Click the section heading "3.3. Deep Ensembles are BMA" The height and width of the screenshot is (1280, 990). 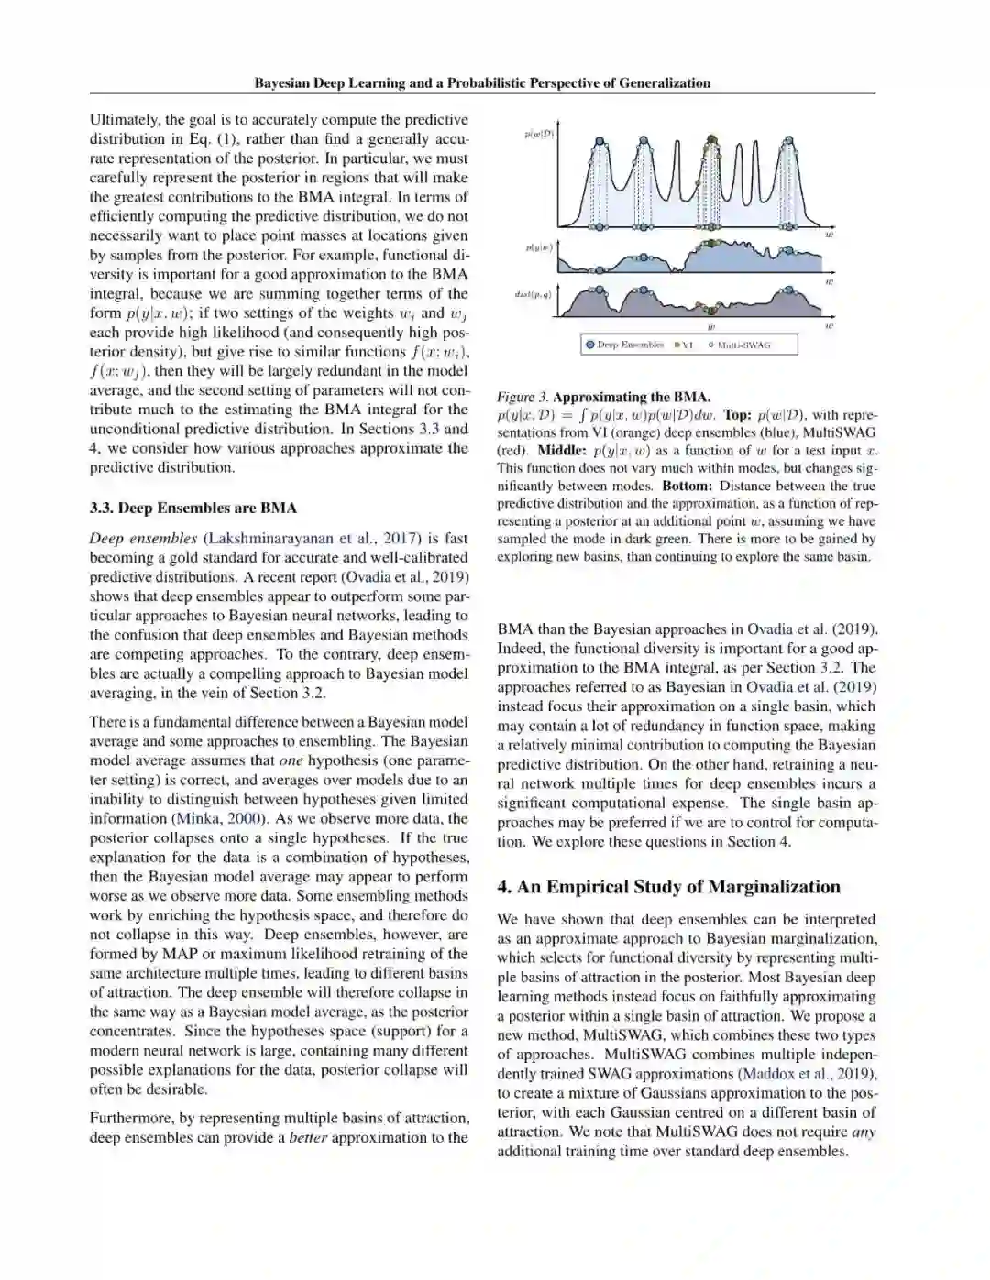(192, 508)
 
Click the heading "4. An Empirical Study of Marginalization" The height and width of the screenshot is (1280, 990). (668, 886)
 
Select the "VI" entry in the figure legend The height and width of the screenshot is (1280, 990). (684, 345)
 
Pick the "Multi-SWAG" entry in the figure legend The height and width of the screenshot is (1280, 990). (739, 345)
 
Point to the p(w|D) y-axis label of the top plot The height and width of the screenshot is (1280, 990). (539, 135)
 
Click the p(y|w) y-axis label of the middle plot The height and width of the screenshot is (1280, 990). (539, 247)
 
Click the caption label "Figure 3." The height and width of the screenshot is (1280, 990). (522, 397)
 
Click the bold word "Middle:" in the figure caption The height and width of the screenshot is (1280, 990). (562, 450)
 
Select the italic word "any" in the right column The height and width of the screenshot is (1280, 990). (863, 1132)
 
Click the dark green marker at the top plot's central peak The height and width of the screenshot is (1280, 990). (711, 141)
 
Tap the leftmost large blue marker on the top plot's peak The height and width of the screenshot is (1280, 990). (599, 142)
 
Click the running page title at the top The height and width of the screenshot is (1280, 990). (482, 82)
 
